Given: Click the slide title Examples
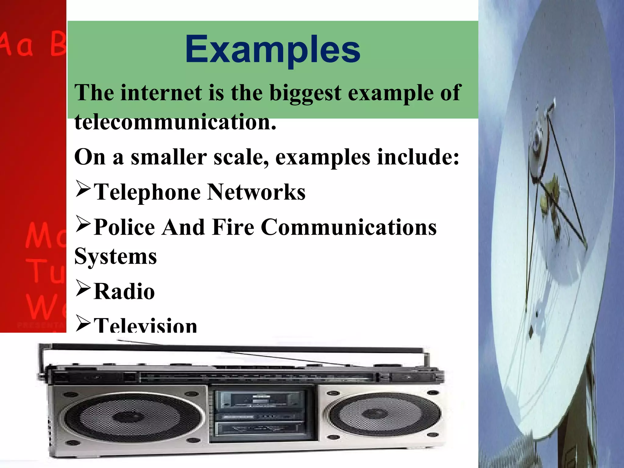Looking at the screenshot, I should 272,49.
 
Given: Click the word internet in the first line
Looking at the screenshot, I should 161,93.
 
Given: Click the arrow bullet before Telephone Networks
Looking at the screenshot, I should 83,190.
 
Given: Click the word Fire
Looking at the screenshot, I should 233,227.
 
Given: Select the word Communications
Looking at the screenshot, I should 349,227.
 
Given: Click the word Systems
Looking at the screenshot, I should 115,257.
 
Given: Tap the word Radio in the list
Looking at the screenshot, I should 124,292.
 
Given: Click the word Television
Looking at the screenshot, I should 145,325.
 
